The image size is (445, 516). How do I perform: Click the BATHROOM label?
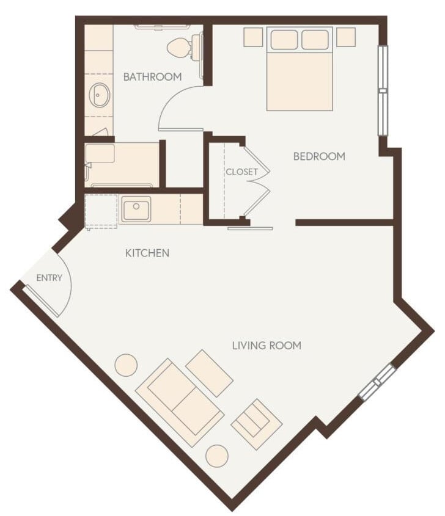point(152,77)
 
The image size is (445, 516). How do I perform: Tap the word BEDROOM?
point(319,156)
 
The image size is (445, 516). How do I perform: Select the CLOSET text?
point(241,172)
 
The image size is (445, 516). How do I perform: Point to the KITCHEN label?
point(147,253)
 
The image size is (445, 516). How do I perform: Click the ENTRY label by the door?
point(50,278)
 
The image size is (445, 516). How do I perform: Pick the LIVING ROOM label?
point(267,346)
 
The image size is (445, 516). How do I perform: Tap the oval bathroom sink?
point(99,96)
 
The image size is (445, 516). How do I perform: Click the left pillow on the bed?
point(284,40)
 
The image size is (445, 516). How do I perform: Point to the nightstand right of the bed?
point(346,37)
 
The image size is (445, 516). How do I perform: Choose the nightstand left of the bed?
point(253,37)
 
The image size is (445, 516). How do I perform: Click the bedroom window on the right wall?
point(383,90)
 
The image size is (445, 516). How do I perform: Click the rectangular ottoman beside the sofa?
point(209,373)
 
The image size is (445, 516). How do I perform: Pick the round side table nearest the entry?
point(127,365)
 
